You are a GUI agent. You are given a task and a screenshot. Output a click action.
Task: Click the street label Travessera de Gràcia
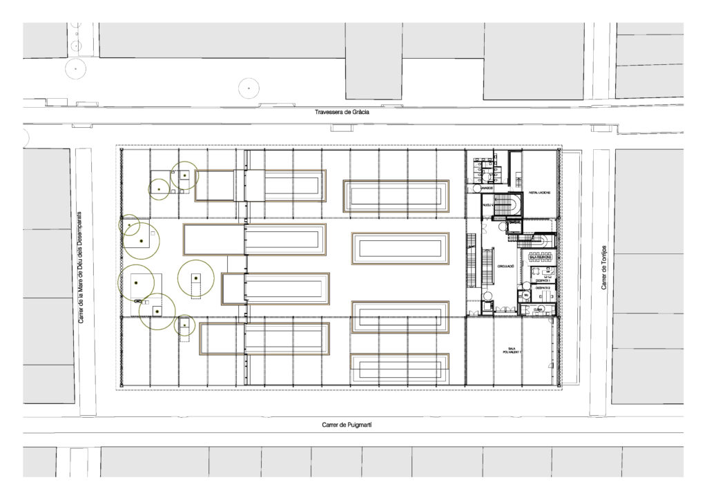[342, 113]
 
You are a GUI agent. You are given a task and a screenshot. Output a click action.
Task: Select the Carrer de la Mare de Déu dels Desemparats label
[81, 267]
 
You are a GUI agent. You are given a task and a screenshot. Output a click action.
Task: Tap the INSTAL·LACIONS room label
[539, 193]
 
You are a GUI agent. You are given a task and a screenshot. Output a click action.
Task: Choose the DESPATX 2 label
[543, 297]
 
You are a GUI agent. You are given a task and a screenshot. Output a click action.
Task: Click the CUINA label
[537, 309]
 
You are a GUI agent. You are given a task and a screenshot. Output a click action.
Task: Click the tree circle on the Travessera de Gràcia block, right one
[248, 88]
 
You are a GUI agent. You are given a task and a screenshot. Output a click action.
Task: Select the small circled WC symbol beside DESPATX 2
[525, 295]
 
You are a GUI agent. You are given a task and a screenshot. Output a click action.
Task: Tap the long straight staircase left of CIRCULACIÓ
[472, 260]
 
